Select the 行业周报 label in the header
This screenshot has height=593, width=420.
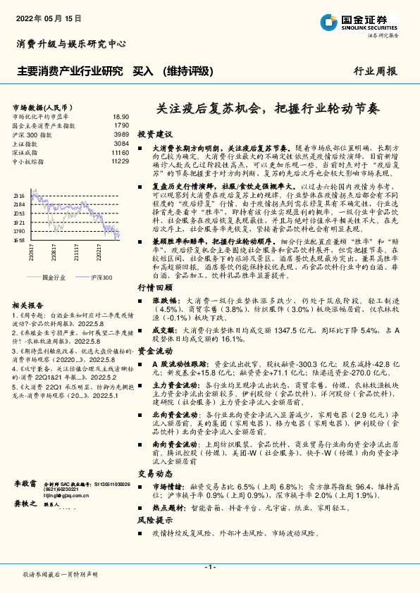tap(375, 71)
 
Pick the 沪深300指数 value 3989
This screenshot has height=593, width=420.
tap(121, 134)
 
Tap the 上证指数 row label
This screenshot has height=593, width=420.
tap(27, 143)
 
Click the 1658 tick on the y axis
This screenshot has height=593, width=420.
tap(18, 240)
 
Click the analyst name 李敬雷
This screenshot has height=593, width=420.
tap(25, 486)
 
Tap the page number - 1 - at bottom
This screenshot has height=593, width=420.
tap(209, 566)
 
